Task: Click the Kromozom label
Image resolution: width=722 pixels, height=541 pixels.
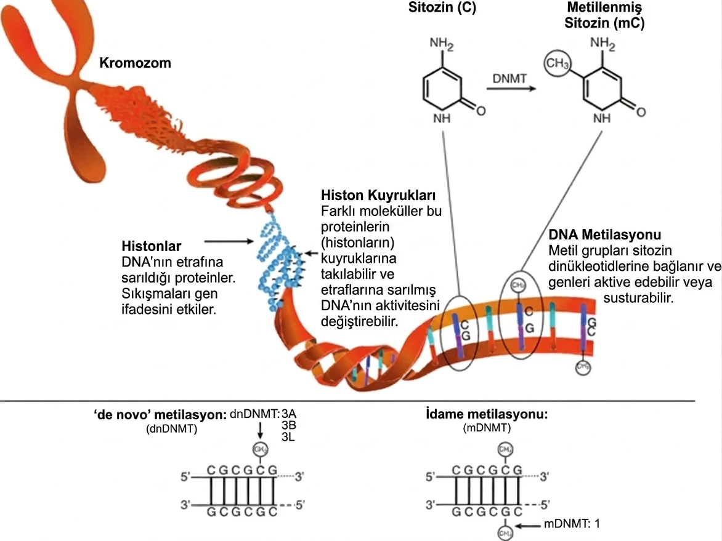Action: click(135, 63)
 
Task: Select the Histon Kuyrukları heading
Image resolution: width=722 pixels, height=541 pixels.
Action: click(379, 196)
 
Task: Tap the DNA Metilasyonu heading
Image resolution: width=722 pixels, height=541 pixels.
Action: click(604, 236)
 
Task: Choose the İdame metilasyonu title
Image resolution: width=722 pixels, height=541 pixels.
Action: click(487, 414)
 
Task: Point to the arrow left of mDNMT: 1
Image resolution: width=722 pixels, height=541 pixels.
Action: click(529, 524)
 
